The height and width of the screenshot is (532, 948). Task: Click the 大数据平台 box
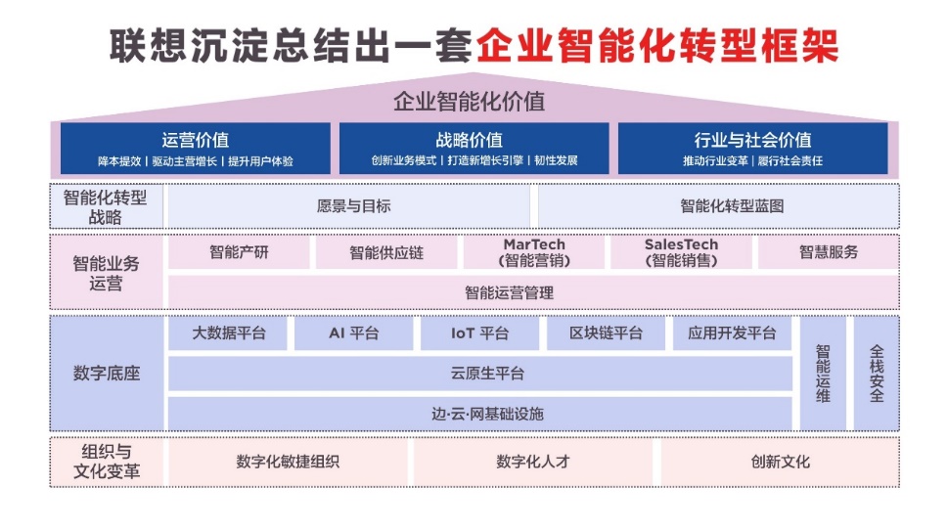tap(228, 333)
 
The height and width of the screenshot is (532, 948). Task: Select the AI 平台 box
tap(354, 333)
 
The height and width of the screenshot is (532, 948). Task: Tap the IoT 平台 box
tap(480, 333)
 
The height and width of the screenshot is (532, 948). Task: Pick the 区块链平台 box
tap(606, 333)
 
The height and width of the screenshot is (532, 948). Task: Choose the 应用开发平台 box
tap(732, 333)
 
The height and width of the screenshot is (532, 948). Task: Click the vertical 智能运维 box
tap(823, 373)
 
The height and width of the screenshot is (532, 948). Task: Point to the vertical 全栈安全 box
tap(876, 373)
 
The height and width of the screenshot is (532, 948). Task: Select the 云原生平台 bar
tap(480, 374)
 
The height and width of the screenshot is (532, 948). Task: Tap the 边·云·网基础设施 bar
tap(480, 414)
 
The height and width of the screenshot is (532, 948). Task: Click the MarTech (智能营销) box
tap(534, 252)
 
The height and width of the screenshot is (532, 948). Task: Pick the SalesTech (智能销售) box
tap(681, 252)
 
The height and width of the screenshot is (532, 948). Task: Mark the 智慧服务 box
tap(829, 252)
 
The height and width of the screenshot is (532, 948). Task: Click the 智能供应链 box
tap(386, 252)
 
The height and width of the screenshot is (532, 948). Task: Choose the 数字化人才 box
tap(533, 462)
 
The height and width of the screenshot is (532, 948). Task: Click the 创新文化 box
tap(780, 462)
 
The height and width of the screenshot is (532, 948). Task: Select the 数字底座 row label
tap(107, 373)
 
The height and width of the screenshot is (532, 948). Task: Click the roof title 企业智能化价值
tap(470, 101)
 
